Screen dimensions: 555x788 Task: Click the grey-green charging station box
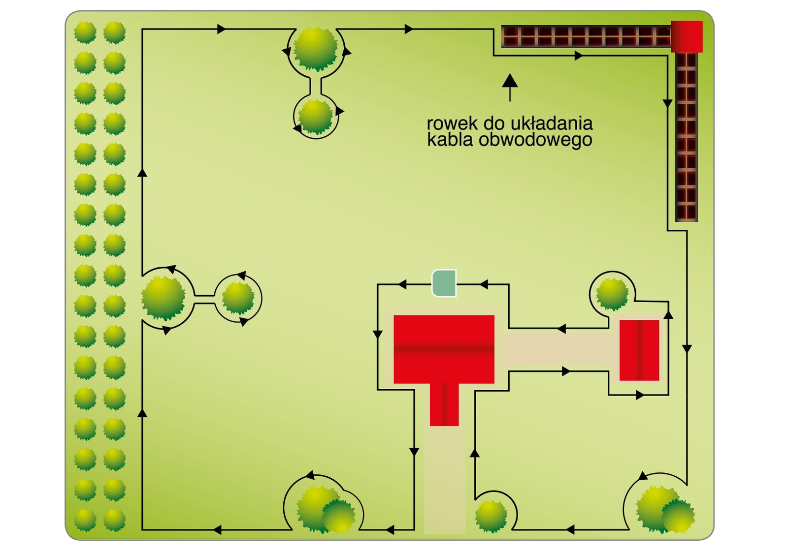pyautogui.click(x=444, y=283)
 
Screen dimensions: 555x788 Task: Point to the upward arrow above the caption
pyautogui.click(x=510, y=87)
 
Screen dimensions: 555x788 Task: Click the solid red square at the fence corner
pyautogui.click(x=687, y=36)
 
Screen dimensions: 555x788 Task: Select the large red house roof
pyautogui.click(x=444, y=349)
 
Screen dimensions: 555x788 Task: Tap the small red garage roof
pyautogui.click(x=639, y=350)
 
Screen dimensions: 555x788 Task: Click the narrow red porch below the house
pyautogui.click(x=444, y=404)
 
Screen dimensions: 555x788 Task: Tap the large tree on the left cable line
pyautogui.click(x=163, y=298)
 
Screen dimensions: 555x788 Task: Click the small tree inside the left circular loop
pyautogui.click(x=238, y=298)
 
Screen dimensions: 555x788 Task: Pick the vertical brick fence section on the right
pyautogui.click(x=686, y=137)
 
